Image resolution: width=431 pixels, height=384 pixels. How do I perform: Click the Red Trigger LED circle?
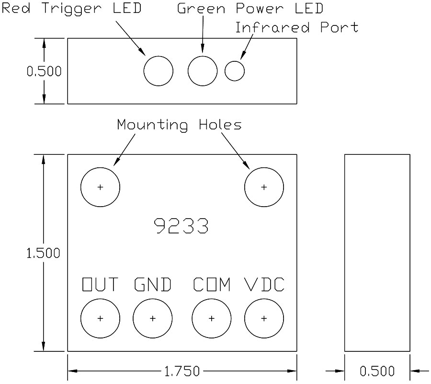tap(158, 71)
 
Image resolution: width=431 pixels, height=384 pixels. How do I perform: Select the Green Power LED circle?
tap(203, 71)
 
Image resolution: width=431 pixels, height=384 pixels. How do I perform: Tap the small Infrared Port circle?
tap(235, 71)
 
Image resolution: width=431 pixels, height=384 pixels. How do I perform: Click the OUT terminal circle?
tap(100, 318)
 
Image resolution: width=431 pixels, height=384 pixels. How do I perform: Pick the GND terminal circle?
tap(152, 318)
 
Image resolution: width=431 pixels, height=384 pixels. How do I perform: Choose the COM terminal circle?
tap(211, 318)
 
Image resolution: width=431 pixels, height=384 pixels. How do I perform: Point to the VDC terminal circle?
tap(264, 318)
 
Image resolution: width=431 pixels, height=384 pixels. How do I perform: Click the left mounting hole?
tap(100, 187)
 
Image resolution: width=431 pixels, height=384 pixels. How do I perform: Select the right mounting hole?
tap(264, 187)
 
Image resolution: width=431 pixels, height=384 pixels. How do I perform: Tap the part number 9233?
tap(181, 226)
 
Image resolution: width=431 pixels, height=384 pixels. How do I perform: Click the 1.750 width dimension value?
tap(181, 371)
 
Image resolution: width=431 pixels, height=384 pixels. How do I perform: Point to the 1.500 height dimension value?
tap(43, 253)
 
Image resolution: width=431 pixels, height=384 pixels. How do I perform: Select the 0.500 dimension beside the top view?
tap(44, 71)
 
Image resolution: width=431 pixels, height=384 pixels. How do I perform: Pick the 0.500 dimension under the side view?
tap(377, 371)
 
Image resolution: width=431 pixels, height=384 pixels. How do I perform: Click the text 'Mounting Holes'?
tap(179, 125)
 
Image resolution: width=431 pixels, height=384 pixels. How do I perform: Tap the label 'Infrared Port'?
tap(296, 27)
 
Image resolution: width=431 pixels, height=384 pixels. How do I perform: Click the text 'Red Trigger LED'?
tap(71, 8)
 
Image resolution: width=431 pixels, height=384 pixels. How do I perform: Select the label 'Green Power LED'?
tap(250, 8)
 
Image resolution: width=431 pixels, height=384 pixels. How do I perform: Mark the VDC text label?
tap(264, 285)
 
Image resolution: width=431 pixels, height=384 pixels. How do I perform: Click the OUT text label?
tap(100, 285)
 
